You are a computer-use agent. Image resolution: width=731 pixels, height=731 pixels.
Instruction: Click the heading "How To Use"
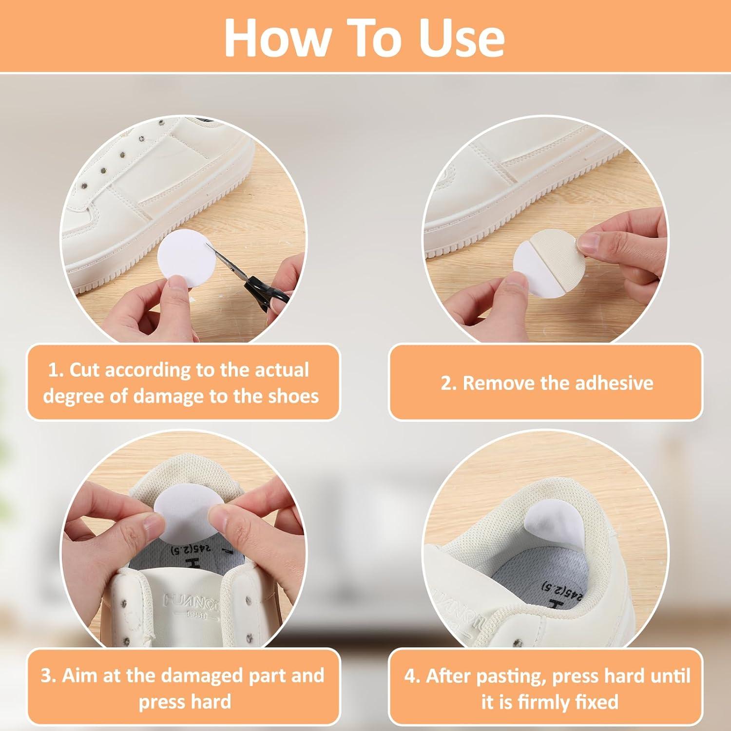point(365,38)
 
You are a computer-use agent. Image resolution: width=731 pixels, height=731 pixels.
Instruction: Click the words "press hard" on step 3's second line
point(185,702)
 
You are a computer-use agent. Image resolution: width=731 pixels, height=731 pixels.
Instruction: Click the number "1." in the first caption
point(56,370)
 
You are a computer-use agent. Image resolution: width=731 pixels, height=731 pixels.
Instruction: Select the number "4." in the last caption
point(412,676)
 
